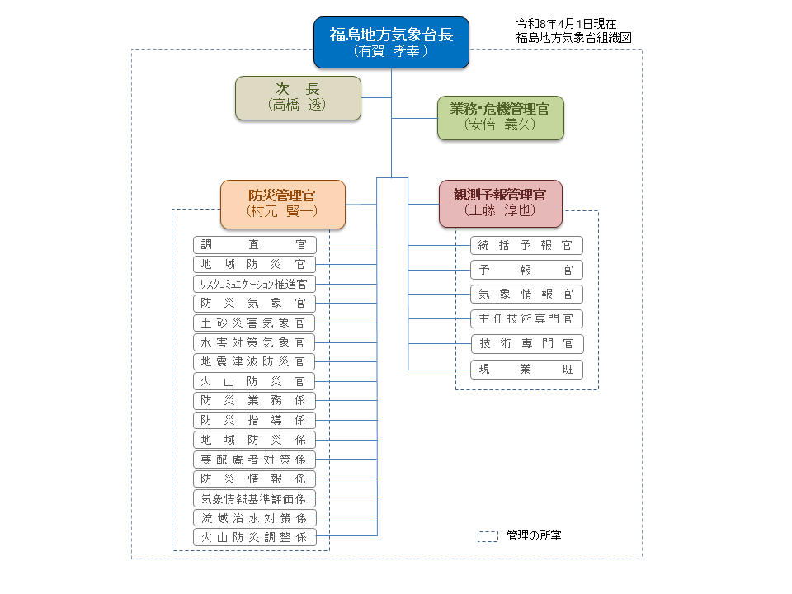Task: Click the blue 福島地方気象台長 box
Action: click(391, 42)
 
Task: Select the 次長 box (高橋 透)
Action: click(298, 98)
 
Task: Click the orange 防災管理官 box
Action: click(282, 204)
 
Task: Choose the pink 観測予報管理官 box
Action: click(500, 203)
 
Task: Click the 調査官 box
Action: click(254, 245)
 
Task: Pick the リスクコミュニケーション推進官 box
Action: click(254, 284)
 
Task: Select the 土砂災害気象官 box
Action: click(254, 323)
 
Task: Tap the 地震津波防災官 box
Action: click(254, 361)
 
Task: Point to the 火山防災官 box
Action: click(254, 381)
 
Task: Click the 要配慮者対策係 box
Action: click(254, 459)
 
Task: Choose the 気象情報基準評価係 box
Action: click(254, 498)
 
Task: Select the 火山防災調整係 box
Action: click(254, 537)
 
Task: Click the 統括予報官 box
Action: click(526, 245)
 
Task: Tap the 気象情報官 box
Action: click(526, 294)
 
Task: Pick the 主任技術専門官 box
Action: click(526, 318)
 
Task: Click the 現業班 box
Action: click(526, 369)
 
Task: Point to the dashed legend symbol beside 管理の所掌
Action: click(488, 536)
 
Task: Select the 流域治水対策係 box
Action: click(254, 518)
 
